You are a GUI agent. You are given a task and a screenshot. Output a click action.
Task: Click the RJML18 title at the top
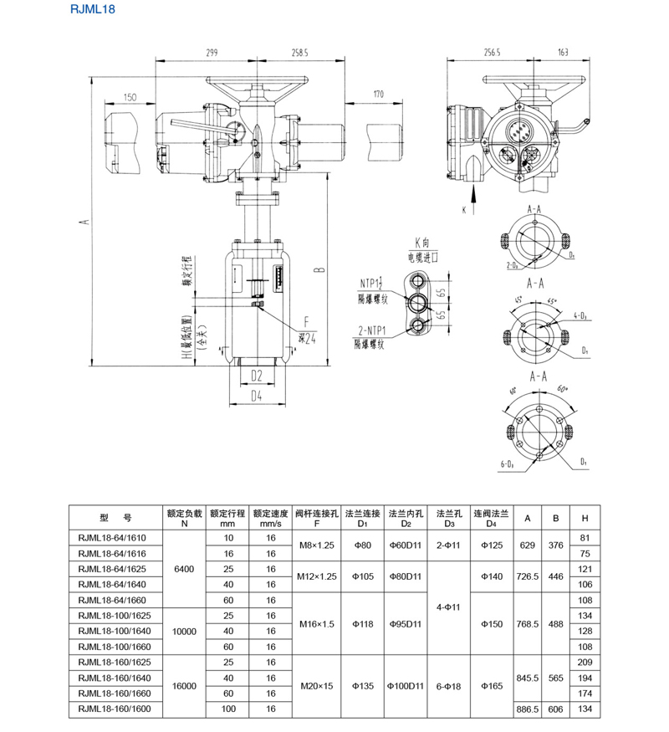[92, 11]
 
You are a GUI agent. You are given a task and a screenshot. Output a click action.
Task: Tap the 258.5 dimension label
[300, 52]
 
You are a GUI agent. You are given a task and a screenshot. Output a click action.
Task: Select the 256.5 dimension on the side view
[492, 52]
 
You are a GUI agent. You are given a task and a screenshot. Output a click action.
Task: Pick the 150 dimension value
[130, 97]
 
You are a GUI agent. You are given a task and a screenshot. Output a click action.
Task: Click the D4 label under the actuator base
[257, 396]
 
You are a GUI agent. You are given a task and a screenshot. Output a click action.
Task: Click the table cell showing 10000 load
[184, 631]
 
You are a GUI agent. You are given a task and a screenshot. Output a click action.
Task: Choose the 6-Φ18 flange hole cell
[449, 686]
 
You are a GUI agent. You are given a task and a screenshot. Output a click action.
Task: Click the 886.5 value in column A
[528, 709]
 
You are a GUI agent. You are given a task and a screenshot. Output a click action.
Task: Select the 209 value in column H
[585, 661]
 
